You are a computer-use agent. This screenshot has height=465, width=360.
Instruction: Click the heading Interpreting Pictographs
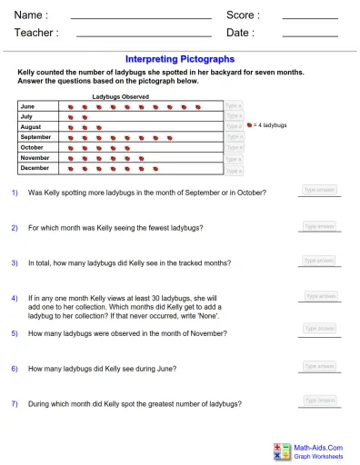point(179,58)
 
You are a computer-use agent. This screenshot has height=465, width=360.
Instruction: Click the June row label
point(27,106)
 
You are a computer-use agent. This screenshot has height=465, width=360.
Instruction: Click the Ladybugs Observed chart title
point(121,96)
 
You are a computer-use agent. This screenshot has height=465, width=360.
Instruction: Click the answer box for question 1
point(320,191)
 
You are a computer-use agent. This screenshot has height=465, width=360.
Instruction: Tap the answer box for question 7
point(320,400)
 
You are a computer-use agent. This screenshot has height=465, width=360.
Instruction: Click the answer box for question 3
point(320,261)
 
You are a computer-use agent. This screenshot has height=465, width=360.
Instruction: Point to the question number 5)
point(15,333)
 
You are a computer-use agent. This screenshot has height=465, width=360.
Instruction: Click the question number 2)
point(15,227)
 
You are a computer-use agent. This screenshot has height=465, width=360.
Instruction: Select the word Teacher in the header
point(36,33)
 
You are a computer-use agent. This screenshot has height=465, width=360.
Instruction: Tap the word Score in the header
point(243,15)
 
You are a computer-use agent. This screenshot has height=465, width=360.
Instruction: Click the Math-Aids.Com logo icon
point(281,450)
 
